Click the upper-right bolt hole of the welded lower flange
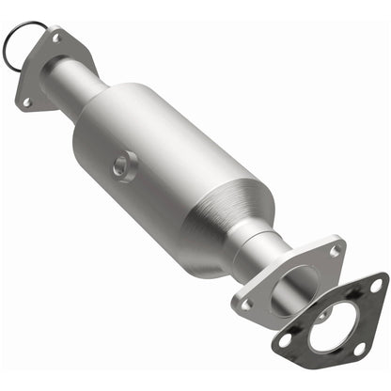click(334, 251)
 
